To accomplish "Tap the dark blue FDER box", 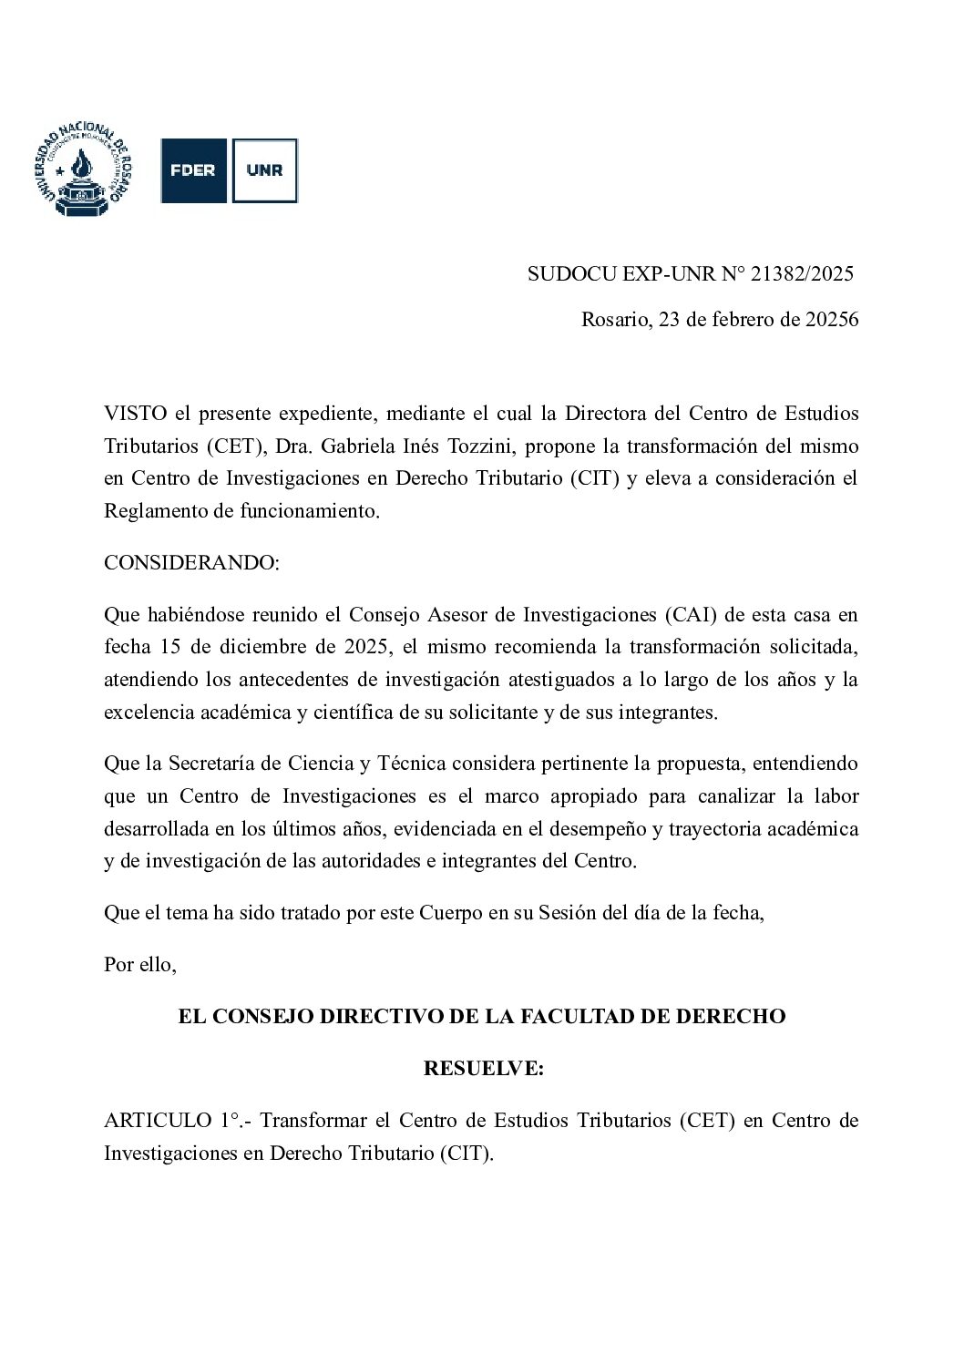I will [x=193, y=170].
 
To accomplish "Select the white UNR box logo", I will [x=264, y=170].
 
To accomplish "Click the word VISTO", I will [x=135, y=413].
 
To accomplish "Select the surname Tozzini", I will [x=480, y=446].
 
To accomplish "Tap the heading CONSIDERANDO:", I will [x=192, y=562].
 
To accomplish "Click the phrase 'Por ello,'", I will [x=140, y=964].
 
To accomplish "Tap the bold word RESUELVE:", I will [x=483, y=1068].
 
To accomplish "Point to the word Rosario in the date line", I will [x=614, y=320].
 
